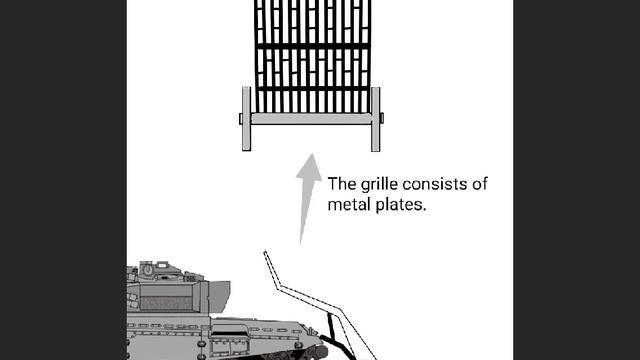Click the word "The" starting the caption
342,185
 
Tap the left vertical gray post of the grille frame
247,119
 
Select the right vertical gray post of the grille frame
376,119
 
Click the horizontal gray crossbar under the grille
311,119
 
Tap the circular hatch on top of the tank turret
148,268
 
